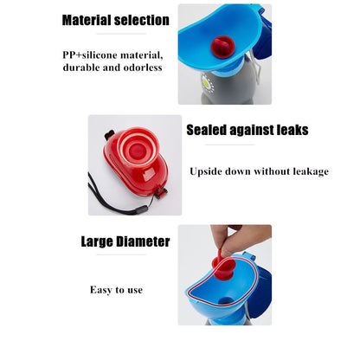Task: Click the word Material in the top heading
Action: (87, 20)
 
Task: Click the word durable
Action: (78, 67)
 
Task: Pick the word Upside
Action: (206, 172)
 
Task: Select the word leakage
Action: (311, 172)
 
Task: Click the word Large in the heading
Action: (97, 242)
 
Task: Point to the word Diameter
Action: (143, 241)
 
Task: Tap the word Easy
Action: (100, 290)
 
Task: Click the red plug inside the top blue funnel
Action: (223, 47)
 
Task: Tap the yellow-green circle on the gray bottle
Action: (207, 82)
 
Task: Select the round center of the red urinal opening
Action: (138, 150)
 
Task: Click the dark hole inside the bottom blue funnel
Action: (226, 301)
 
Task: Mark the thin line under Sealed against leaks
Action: (230, 145)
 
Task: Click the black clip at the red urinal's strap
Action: (160, 192)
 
